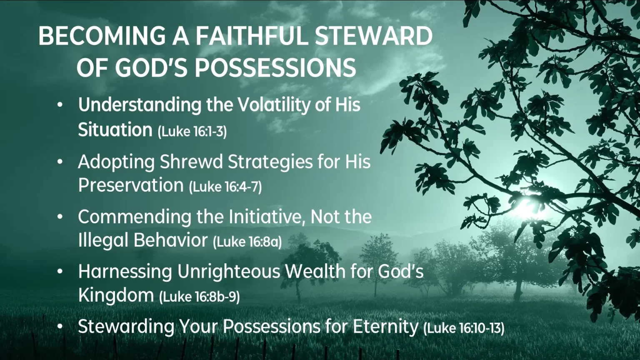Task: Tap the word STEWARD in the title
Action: pyautogui.click(x=373, y=36)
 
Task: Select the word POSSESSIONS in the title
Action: pyautogui.click(x=275, y=68)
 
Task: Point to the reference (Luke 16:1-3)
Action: pyautogui.click(x=192, y=131)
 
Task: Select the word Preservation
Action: pyautogui.click(x=131, y=185)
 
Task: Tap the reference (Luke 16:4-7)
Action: pyautogui.click(x=225, y=187)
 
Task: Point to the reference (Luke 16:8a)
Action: pyautogui.click(x=247, y=242)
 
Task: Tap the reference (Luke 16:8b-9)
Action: pyautogui.click(x=200, y=297)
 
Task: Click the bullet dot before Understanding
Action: pyautogui.click(x=60, y=105)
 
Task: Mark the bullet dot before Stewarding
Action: pyautogui.click(x=60, y=326)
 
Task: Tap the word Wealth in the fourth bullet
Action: pyautogui.click(x=315, y=271)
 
